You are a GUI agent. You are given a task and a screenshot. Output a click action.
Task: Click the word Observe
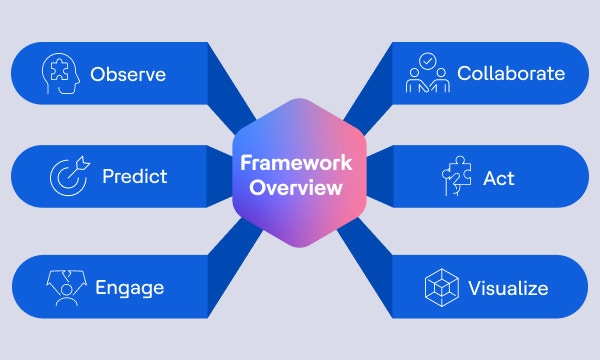(127, 74)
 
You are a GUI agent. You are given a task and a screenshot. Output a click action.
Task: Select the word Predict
(134, 177)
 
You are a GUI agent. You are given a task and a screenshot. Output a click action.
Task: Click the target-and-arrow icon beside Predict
(69, 177)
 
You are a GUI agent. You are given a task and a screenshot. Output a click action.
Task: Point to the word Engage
(129, 288)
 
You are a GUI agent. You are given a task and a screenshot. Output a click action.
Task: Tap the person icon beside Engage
(65, 288)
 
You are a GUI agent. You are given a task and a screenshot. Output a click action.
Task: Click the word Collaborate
(510, 74)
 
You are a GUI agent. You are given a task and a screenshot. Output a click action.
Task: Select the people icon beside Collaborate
(428, 74)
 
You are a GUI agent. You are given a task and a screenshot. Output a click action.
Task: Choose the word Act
(499, 177)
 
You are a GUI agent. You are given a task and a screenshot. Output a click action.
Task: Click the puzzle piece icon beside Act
(455, 177)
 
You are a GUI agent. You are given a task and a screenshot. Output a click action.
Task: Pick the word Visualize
(508, 288)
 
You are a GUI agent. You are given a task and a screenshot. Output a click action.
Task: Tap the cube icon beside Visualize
(443, 288)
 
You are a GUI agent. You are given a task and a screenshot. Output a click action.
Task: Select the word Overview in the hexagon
(300, 187)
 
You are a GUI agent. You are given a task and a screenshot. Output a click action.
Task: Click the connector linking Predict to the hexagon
(220, 177)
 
